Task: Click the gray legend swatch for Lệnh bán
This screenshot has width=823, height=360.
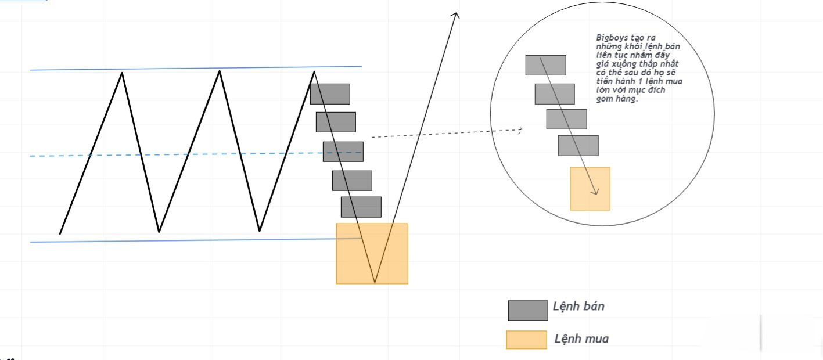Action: (x=527, y=310)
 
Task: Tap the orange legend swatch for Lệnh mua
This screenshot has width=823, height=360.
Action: (x=526, y=340)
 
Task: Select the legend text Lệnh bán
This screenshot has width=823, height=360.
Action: (x=578, y=306)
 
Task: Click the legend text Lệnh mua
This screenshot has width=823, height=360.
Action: (x=581, y=339)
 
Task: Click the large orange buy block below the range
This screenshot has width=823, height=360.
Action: (x=372, y=253)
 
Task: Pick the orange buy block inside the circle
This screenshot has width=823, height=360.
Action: (x=590, y=189)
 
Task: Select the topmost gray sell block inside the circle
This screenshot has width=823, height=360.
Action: (x=545, y=65)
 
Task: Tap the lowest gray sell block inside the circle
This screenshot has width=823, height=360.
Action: (x=578, y=145)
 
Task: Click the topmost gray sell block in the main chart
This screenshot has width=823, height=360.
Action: (x=330, y=93)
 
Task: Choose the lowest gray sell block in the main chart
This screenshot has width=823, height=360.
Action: (x=361, y=207)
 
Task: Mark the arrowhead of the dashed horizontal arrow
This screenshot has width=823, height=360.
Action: (x=520, y=130)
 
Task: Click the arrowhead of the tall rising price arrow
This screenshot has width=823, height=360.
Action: (x=456, y=15)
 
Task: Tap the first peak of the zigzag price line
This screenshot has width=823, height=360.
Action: (x=122, y=73)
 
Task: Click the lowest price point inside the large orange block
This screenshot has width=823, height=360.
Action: (x=375, y=283)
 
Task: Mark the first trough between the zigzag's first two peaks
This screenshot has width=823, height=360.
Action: (x=159, y=232)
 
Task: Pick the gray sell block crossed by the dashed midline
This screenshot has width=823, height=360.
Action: (x=343, y=152)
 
